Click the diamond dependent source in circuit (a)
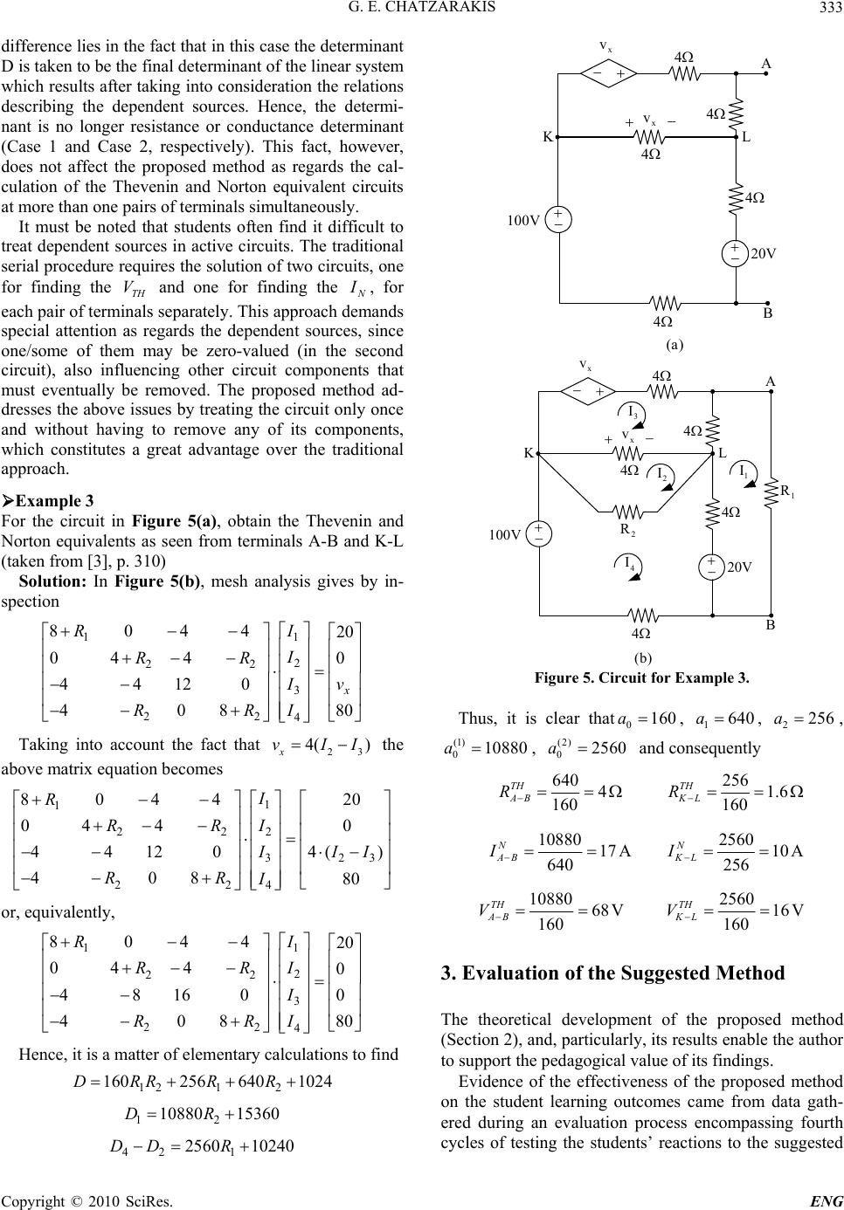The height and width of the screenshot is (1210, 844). click(609, 74)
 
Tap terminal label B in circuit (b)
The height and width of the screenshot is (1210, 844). click(772, 627)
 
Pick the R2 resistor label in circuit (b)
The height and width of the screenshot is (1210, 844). click(626, 529)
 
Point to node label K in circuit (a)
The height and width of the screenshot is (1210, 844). click(547, 137)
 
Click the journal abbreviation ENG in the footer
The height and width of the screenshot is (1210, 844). click(826, 1200)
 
